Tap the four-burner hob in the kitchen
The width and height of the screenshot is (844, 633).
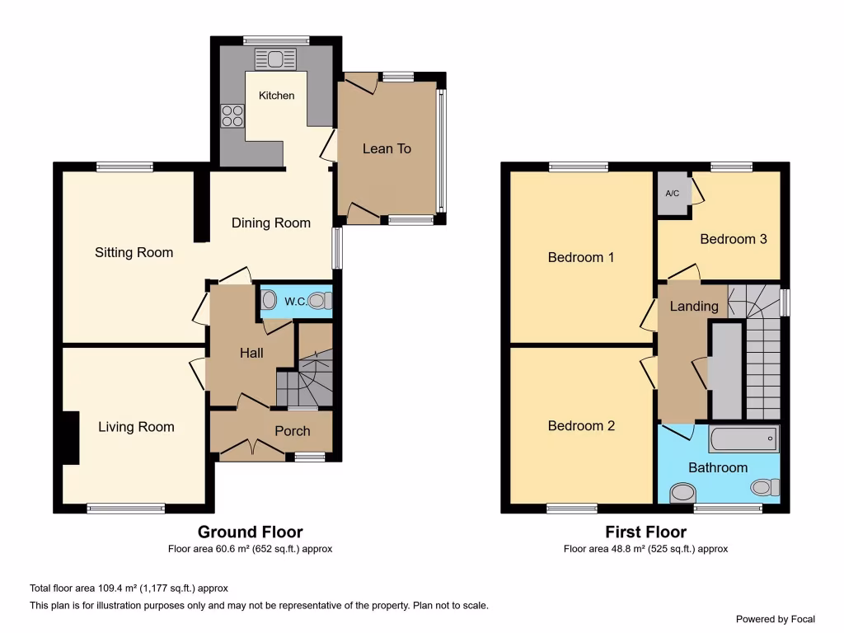232,116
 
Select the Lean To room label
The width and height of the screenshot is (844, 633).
387,148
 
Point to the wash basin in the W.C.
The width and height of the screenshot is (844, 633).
269,302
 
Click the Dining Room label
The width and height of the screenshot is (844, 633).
270,223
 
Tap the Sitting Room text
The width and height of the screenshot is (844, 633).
134,252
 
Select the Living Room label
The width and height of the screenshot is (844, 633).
136,427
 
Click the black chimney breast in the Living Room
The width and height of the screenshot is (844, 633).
70,437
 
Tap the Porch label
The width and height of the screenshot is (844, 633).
292,431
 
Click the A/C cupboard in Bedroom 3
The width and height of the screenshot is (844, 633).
672,194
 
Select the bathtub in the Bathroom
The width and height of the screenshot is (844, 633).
743,439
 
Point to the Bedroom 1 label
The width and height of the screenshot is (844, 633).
581,257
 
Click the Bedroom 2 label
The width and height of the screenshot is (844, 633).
581,426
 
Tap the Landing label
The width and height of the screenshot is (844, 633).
693,306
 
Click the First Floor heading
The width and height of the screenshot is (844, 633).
645,532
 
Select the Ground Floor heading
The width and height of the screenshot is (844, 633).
250,532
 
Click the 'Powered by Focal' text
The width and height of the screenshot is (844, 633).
775,619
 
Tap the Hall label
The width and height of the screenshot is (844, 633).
251,353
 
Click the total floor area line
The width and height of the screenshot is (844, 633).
129,588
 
